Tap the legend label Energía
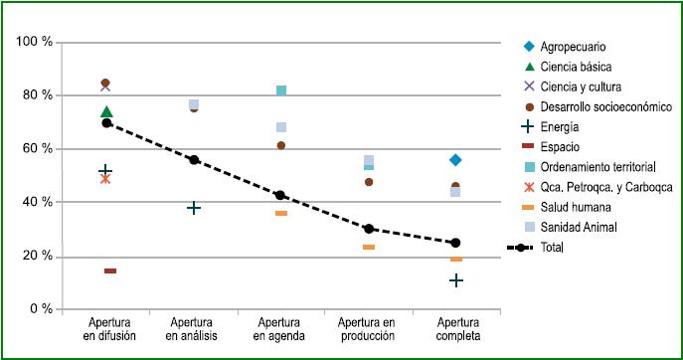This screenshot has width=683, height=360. pyautogui.click(x=560, y=126)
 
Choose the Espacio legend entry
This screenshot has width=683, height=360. pyautogui.click(x=560, y=146)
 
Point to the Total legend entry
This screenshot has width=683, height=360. pyautogui.click(x=553, y=247)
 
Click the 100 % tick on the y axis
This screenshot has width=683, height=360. pyautogui.click(x=35, y=42)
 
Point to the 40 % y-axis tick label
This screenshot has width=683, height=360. pyautogui.click(x=38, y=202)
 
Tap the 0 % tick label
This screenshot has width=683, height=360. pyautogui.click(x=41, y=309)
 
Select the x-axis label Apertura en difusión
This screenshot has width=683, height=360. pyautogui.click(x=106, y=330)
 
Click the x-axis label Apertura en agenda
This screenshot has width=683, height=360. pyautogui.click(x=281, y=330)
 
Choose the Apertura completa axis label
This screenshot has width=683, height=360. pyautogui.click(x=455, y=330)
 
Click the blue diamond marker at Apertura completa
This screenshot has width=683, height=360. pyautogui.click(x=455, y=160)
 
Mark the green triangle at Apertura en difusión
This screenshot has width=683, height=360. pyautogui.click(x=106, y=112)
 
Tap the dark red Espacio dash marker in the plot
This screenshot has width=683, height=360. pyautogui.click(x=110, y=270)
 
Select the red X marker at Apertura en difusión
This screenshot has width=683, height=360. pyautogui.click(x=105, y=179)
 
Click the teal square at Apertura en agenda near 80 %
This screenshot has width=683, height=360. pyautogui.click(x=281, y=90)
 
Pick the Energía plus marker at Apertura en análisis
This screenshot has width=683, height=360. pyautogui.click(x=194, y=208)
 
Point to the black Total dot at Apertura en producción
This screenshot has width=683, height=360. pyautogui.click(x=369, y=229)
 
